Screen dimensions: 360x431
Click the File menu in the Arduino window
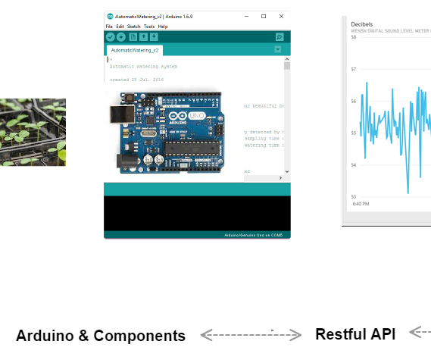(x=109, y=27)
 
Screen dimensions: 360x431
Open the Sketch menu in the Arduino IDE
(x=133, y=27)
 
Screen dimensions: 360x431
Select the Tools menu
(x=149, y=27)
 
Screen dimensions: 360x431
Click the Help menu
(x=163, y=27)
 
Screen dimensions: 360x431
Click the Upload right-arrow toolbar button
(x=121, y=36)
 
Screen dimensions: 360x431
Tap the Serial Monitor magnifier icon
(x=280, y=36)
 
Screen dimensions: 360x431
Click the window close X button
(x=282, y=16)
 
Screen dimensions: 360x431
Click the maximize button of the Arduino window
(x=264, y=16)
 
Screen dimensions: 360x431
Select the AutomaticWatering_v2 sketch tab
(x=134, y=50)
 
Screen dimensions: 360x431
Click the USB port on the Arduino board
(x=118, y=114)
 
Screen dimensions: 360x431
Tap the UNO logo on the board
(x=195, y=114)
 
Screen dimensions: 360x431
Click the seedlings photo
(x=33, y=132)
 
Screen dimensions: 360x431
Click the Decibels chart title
(x=362, y=24)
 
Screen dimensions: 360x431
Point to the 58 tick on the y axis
(x=354, y=37)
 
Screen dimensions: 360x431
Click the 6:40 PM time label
(x=360, y=204)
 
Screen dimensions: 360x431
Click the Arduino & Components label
(x=100, y=336)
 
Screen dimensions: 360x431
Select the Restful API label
(x=355, y=334)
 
